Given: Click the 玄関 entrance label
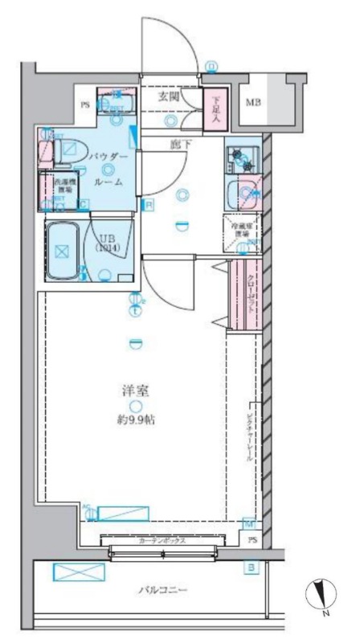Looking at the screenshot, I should pos(168,96).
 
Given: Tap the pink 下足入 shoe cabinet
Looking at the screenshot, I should pos(215,107).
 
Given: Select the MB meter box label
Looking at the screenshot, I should pos(254,102).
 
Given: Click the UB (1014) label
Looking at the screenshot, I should pos(106,243).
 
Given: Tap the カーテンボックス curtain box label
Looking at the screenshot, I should pos(162,541).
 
